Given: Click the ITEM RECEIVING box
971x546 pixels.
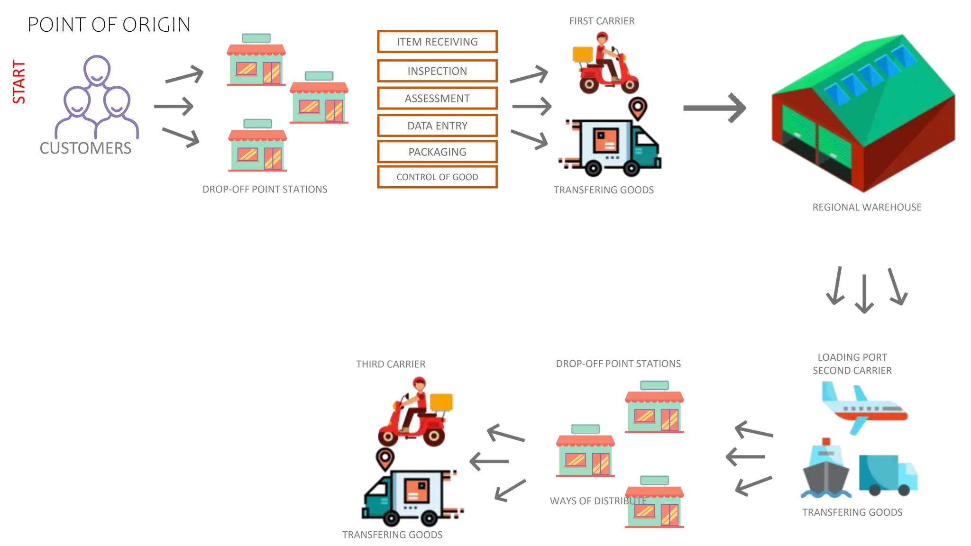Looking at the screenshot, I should pos(437,42).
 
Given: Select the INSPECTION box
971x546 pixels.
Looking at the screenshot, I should pos(437,71).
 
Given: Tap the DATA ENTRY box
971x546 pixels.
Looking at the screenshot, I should pos(437,126).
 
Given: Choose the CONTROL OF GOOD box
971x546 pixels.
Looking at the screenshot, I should pos(437,177).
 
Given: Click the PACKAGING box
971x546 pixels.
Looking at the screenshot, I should pos(437,152).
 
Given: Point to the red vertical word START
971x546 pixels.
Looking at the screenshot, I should pos(19,82).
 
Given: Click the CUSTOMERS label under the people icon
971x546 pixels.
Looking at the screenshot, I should pos(85,148).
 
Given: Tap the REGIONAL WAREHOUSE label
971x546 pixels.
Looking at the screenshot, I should pos(867,207).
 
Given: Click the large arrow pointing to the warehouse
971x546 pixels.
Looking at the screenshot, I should pos(714,108).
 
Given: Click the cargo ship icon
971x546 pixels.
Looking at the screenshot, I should pos(825,469).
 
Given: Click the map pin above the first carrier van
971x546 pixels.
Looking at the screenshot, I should pos(638,108).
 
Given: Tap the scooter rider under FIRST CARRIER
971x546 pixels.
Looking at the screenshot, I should pos(605,64).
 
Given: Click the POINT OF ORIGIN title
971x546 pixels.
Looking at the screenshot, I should pos(109,25).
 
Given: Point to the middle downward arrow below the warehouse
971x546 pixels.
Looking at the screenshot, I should pos(864,294).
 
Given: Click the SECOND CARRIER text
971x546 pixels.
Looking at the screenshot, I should pos(852,371).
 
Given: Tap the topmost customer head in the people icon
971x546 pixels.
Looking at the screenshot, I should pos(97,70).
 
